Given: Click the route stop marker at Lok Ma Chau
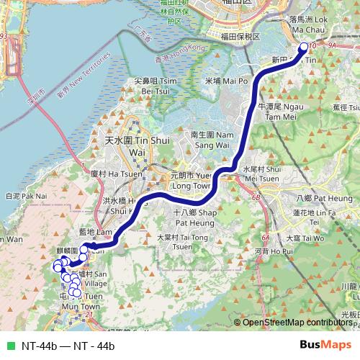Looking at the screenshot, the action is tap(303, 48).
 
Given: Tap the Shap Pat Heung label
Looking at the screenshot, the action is tap(195, 217).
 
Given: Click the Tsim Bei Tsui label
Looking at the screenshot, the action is tap(150, 86).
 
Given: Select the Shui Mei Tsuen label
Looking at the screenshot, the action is tap(260, 174).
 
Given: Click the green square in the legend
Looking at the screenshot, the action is tap(10, 346).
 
